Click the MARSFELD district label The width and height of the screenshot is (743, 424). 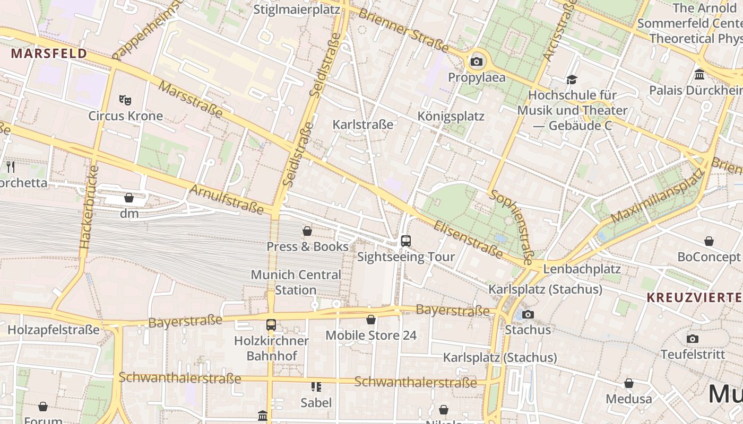click(x=49, y=54)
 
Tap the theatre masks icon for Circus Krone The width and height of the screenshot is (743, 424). click(x=125, y=100)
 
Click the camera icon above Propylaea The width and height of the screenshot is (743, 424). click(x=477, y=62)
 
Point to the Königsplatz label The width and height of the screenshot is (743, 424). click(x=451, y=116)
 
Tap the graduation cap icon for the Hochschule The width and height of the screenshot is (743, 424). click(x=572, y=79)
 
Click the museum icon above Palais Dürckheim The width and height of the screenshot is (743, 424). click(x=699, y=74)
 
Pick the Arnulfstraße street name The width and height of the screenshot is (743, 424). click(x=226, y=199)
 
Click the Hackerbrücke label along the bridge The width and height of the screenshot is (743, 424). click(x=89, y=207)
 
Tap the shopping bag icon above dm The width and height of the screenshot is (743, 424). click(x=129, y=198)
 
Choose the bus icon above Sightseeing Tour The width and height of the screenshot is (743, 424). click(x=406, y=241)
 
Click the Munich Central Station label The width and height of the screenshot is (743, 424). click(x=296, y=282)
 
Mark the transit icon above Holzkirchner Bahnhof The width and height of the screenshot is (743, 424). click(x=271, y=324)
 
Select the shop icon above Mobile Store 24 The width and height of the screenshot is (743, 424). click(x=371, y=320)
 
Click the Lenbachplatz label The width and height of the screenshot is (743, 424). click(x=582, y=269)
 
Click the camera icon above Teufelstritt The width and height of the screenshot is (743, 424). click(x=692, y=339)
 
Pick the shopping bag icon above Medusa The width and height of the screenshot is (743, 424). click(x=629, y=383)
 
